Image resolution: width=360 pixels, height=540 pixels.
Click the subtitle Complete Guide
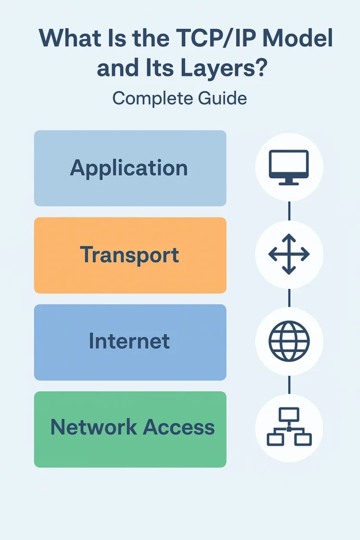coord(180,98)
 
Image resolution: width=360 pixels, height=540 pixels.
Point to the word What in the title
coord(66,40)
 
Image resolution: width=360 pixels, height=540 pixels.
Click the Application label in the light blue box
coord(129,168)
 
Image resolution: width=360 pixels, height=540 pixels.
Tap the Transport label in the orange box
coord(130,255)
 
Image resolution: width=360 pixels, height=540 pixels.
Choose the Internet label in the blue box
coord(130,341)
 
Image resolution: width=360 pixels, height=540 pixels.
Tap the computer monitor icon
coord(289,166)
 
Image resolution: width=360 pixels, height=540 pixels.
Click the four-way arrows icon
coord(289,255)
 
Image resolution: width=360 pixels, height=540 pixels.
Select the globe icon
coord(289,341)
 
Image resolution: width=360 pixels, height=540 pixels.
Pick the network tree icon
coord(289,427)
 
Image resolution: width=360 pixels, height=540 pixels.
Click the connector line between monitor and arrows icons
coord(289,210)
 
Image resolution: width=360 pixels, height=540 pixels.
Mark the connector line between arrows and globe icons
coord(289,298)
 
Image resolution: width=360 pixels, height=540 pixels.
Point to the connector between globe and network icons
coord(289,384)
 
